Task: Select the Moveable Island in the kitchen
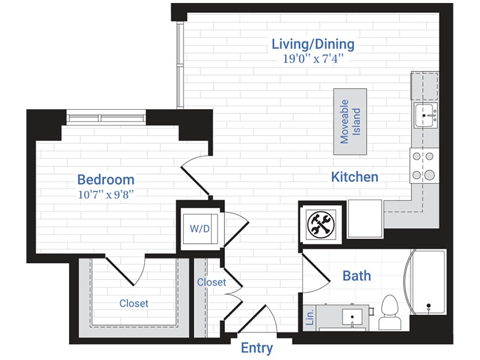click(x=350, y=122)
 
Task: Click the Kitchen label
click(x=355, y=176)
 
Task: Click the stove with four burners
click(x=422, y=166)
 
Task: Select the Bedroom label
click(x=106, y=179)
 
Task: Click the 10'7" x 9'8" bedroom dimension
click(x=106, y=193)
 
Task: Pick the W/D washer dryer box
click(x=199, y=229)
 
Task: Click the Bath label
click(x=356, y=276)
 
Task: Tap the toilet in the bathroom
click(x=390, y=312)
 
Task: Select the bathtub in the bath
click(x=427, y=282)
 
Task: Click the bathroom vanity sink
click(x=350, y=315)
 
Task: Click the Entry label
click(x=257, y=348)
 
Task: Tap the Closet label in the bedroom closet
click(x=133, y=304)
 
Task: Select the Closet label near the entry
click(x=211, y=282)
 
